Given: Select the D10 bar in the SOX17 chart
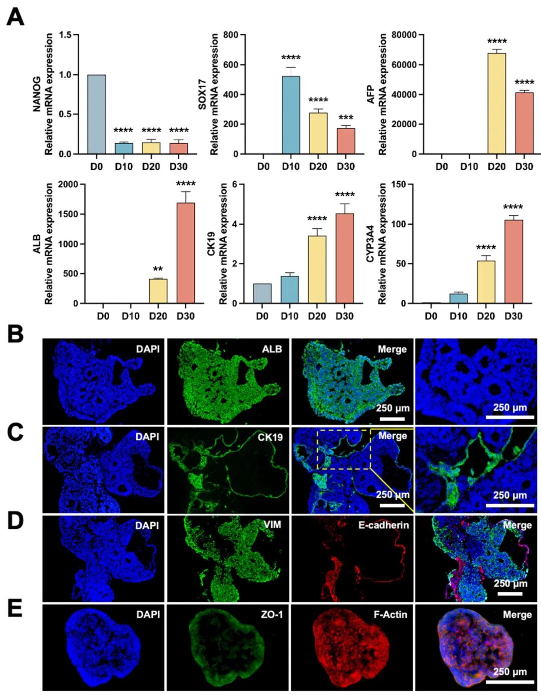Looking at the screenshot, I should tap(291, 115).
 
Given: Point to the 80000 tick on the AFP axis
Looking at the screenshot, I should tap(404, 35).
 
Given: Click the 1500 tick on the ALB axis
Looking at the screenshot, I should tap(68, 214).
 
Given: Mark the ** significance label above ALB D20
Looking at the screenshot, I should tap(158, 269).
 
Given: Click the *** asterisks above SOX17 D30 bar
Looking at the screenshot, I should tap(345, 118).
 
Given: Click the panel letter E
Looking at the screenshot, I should tap(15, 608).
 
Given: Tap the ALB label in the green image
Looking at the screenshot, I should tap(272, 349).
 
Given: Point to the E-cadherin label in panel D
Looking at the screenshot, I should tap(383, 525).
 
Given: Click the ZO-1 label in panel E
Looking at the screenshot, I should tap(272, 614).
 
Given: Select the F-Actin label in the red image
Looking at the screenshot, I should tap(390, 614).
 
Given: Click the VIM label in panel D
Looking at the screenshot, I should tap(272, 525).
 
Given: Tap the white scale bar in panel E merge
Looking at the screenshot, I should tap(509, 681).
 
